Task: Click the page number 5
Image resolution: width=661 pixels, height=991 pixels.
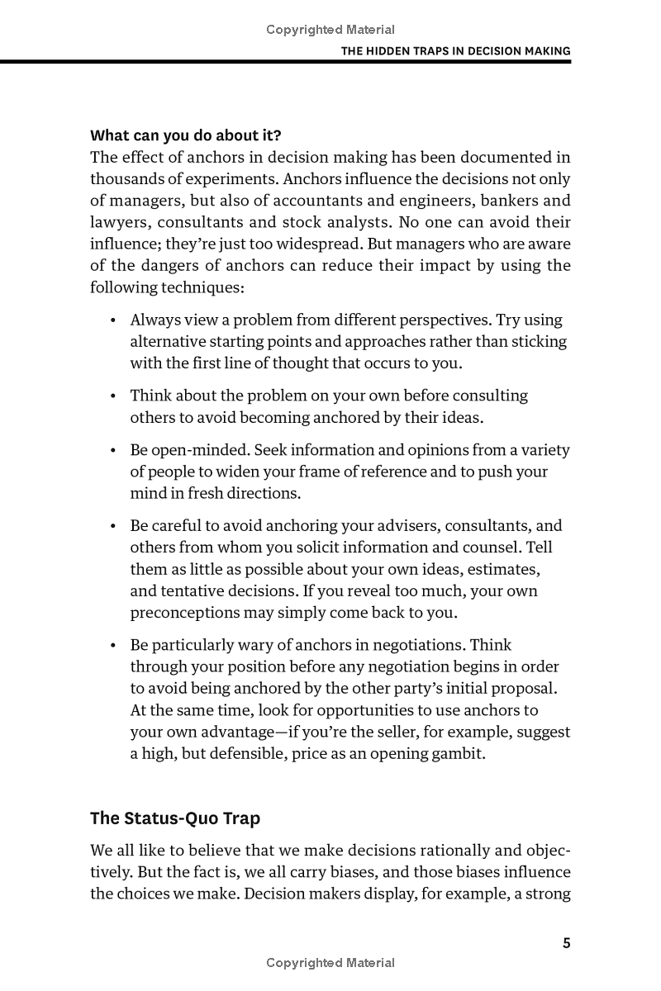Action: pyautogui.click(x=566, y=943)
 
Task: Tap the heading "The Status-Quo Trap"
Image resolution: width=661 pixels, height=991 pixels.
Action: pyautogui.click(x=174, y=818)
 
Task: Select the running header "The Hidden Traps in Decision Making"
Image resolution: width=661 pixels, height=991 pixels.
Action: pyautogui.click(x=456, y=50)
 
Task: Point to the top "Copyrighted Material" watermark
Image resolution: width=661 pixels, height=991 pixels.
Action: pyautogui.click(x=330, y=30)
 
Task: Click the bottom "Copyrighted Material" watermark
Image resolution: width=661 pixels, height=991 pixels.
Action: pyautogui.click(x=330, y=962)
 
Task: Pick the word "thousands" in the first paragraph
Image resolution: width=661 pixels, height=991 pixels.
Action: pyautogui.click(x=126, y=179)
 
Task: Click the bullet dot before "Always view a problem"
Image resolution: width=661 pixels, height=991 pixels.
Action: pyautogui.click(x=112, y=320)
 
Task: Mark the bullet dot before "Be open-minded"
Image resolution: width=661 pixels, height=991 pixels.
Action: pyautogui.click(x=112, y=451)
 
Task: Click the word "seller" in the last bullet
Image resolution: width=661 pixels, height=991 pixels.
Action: pyautogui.click(x=458, y=732)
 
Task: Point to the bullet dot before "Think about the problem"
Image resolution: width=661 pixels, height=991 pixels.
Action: pyautogui.click(x=112, y=396)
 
